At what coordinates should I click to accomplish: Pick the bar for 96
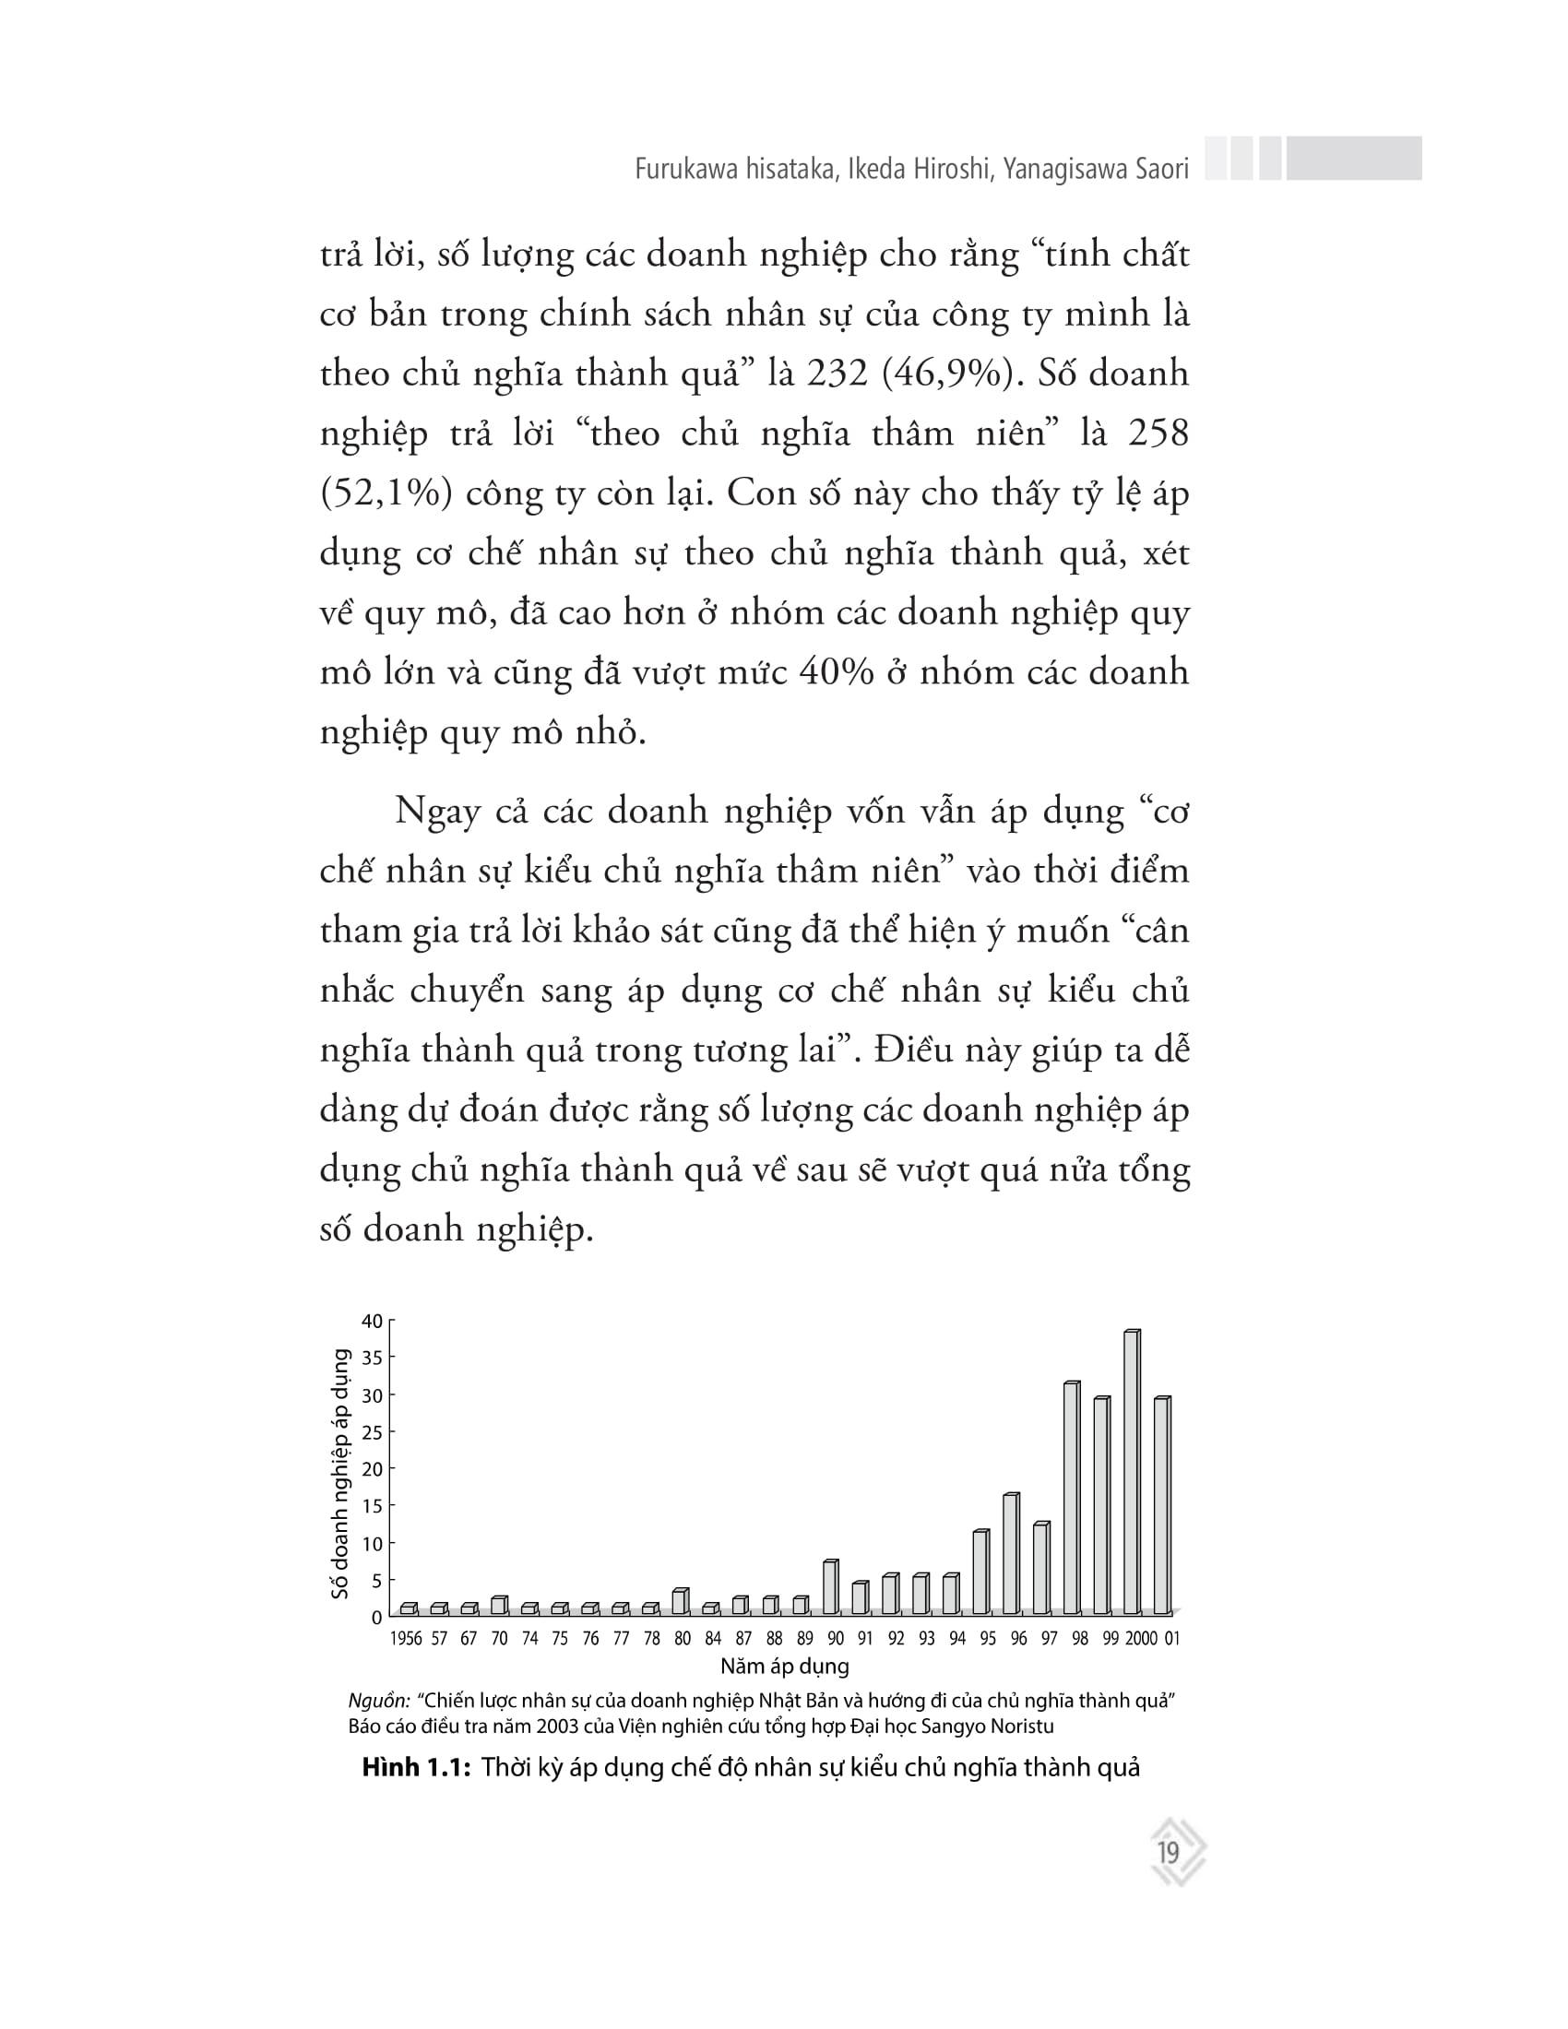(x=1011, y=1554)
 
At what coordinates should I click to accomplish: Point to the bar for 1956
(x=408, y=1609)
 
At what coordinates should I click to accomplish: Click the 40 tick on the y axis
(x=371, y=1321)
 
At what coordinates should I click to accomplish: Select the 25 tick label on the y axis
(x=371, y=1432)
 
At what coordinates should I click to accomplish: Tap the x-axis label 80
(x=683, y=1639)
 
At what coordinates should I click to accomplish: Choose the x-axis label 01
(x=1171, y=1639)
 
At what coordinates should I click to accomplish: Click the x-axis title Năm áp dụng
(x=785, y=1666)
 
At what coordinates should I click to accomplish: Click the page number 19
(x=1169, y=1854)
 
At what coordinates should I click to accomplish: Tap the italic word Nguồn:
(x=379, y=1701)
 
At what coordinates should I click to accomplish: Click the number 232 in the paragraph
(x=837, y=374)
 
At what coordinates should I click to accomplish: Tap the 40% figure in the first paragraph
(x=836, y=671)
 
